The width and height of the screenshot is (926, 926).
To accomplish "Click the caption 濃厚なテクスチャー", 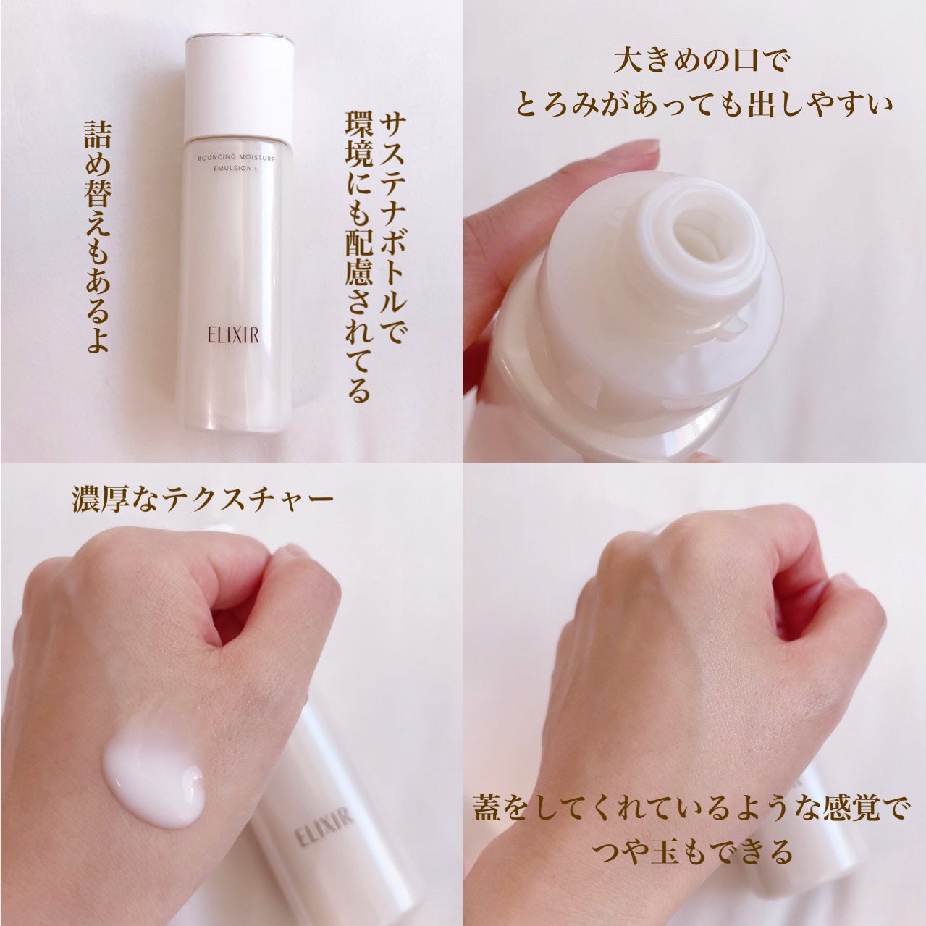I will coord(203,500).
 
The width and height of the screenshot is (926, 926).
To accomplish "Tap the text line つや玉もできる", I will coord(693,852).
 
